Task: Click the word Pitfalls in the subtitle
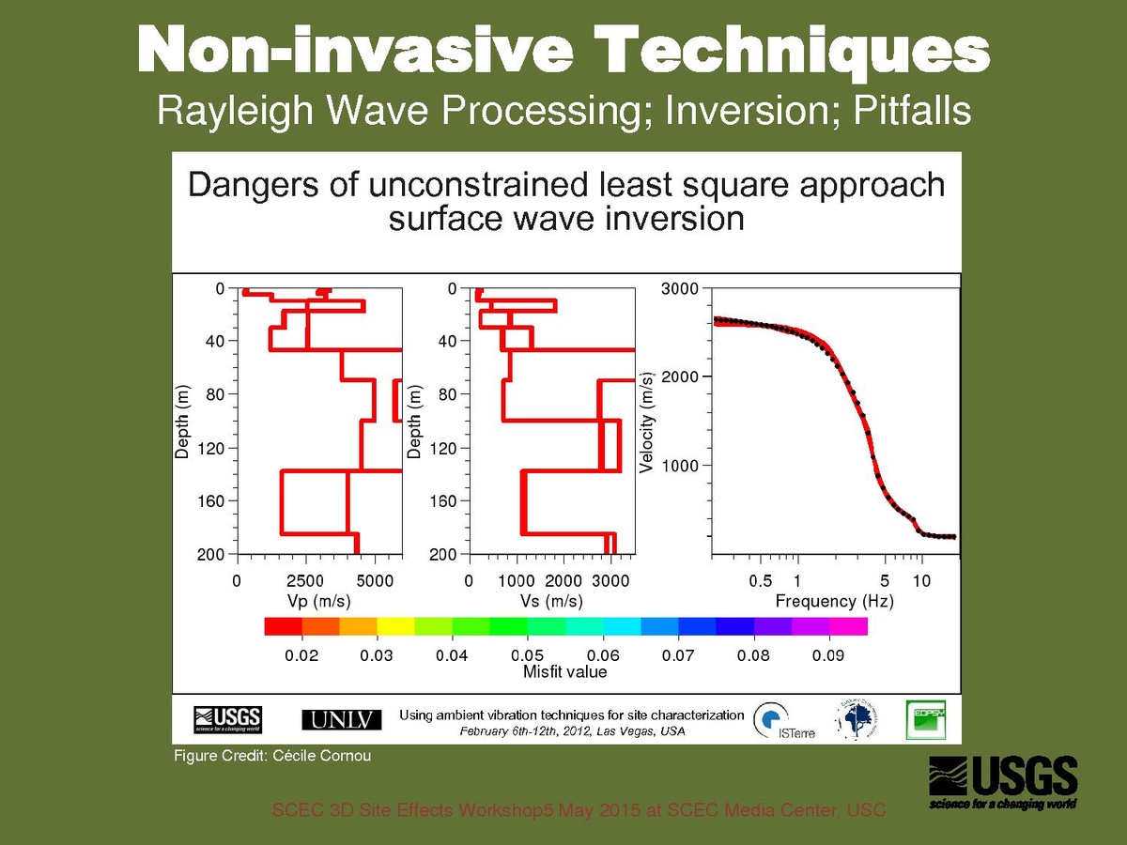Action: pos(912,112)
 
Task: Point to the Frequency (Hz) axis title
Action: pos(834,601)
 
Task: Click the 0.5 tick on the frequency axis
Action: pos(761,581)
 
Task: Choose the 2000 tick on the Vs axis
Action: pos(564,581)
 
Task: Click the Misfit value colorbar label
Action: pos(564,672)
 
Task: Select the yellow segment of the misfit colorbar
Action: pos(395,626)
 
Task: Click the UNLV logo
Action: pos(342,719)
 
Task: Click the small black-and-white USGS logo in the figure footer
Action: pos(227,719)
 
